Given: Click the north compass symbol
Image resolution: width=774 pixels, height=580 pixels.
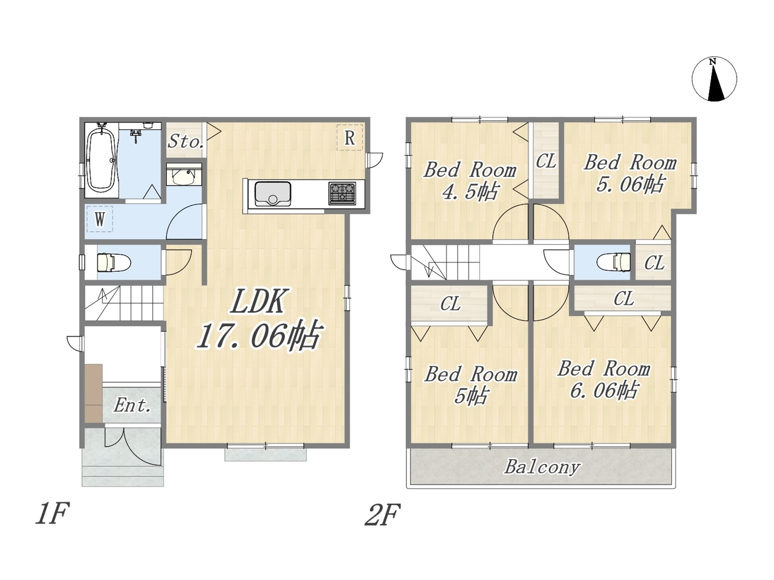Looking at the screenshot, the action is pos(714,79).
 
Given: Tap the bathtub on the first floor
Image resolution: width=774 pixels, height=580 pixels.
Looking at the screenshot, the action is pos(102,160).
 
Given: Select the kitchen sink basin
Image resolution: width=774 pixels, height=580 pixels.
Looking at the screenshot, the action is pos(273,194).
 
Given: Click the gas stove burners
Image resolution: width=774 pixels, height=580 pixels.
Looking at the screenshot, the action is pos(342,193).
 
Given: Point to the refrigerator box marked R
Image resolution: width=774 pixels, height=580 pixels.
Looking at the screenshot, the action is pos(350,137).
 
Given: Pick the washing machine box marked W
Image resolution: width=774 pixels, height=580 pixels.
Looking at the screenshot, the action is pos(100,219).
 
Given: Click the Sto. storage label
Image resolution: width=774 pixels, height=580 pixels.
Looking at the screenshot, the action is pos(185,141).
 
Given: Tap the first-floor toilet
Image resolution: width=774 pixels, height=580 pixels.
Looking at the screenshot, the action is pos(114,262).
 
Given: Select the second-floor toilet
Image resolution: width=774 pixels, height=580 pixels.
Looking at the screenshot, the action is pos(614,262).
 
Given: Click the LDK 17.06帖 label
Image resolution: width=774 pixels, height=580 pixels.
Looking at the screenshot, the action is pos(258,319).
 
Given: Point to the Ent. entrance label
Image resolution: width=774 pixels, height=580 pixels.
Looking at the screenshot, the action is pos(132,405).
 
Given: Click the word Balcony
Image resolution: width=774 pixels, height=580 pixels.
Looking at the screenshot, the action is pos(542,467).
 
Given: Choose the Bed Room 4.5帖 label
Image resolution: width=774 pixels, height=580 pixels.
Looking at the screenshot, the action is pos(470,181).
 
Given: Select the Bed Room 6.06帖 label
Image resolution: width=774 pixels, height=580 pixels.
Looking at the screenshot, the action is pos(603,379).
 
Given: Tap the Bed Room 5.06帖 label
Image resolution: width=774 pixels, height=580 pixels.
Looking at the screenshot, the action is pos(630,173).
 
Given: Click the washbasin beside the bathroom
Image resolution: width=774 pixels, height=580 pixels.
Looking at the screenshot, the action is pos(184,177).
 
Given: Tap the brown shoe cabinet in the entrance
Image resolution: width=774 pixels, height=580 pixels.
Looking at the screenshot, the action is pos(94,393).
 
